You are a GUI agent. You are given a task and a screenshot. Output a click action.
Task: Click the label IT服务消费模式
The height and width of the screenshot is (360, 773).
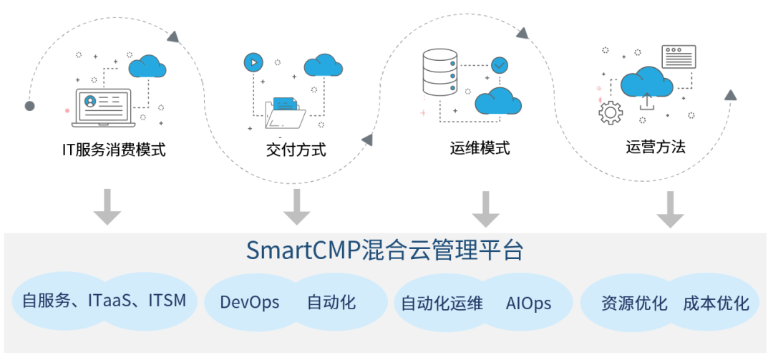[113, 150]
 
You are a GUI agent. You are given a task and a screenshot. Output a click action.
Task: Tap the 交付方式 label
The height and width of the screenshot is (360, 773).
[296, 150]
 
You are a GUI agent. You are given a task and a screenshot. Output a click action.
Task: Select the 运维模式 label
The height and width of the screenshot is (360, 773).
[480, 148]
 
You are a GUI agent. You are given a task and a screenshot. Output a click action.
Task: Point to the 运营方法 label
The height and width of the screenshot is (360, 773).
[655, 147]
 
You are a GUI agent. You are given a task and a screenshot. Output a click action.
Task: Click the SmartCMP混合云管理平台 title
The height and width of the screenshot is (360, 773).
[384, 251]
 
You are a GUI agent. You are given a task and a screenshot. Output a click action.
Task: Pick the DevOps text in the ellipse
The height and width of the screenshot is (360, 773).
[249, 302]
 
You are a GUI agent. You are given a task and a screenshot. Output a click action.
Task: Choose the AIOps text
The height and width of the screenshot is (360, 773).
[528, 303]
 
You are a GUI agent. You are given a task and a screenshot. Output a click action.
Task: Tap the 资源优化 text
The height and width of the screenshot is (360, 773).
[634, 303]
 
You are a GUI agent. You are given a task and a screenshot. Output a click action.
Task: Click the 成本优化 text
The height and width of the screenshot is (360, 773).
[716, 303]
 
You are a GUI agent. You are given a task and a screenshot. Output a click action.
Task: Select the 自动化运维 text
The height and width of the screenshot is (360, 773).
[442, 303]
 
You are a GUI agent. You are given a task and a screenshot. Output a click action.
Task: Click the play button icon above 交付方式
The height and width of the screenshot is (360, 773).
[252, 62]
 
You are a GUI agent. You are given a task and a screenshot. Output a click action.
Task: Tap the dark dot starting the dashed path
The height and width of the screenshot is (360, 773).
[29, 106]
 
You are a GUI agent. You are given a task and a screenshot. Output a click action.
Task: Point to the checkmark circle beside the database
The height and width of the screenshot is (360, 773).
[500, 65]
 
